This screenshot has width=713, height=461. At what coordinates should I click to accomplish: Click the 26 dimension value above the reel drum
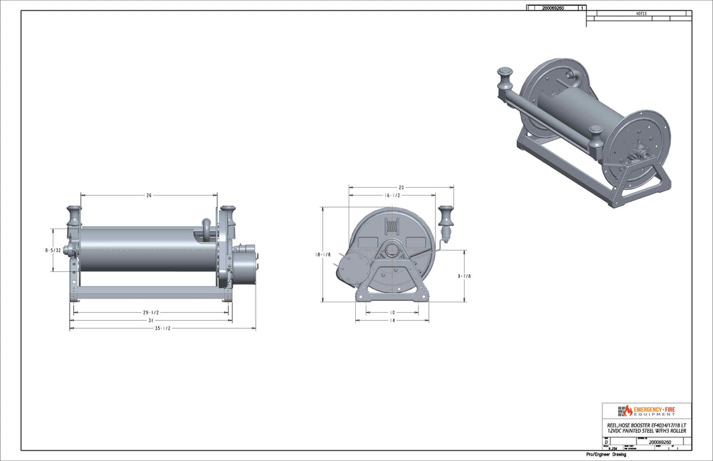click(x=149, y=196)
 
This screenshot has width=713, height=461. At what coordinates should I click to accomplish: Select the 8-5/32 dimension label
click(x=53, y=250)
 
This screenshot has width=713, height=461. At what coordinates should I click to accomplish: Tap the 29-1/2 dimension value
click(x=151, y=312)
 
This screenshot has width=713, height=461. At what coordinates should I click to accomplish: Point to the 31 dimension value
click(x=151, y=320)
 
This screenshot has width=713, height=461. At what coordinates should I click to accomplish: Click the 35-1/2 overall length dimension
click(x=162, y=328)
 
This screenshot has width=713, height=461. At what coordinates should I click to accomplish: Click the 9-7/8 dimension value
click(x=465, y=277)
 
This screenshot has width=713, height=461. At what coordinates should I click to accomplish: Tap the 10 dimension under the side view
click(x=391, y=312)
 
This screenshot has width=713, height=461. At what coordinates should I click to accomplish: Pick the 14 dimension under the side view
click(x=391, y=320)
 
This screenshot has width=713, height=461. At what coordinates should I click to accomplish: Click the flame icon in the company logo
click(x=627, y=410)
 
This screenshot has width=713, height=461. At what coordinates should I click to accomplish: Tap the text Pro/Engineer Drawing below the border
click(x=606, y=455)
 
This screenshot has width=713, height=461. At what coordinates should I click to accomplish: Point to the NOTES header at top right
click(x=641, y=14)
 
